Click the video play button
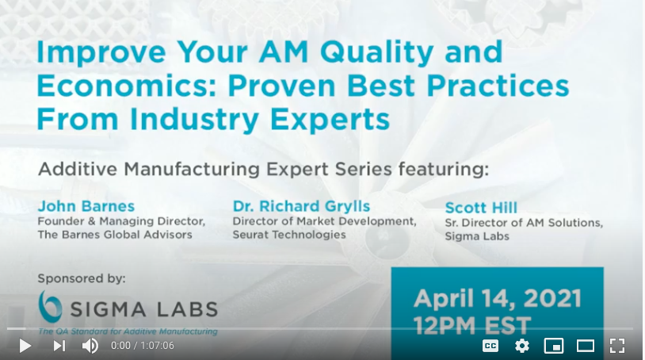coord(25,346)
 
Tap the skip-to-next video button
coord(59,346)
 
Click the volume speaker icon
coord(90,346)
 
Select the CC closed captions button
coord(490,346)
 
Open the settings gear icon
coord(522,346)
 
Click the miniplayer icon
coord(554,346)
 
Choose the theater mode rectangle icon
coord(586,346)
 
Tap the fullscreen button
coord(617,346)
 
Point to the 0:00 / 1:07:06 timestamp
coord(143,346)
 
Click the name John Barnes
coord(86,206)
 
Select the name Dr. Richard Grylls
coord(302,206)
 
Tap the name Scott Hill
coord(481,208)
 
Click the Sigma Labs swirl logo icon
coord(50,306)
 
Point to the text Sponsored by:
coord(82,278)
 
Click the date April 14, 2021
coord(498,298)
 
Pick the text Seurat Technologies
coord(289,235)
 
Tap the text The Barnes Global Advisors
coord(115,235)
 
